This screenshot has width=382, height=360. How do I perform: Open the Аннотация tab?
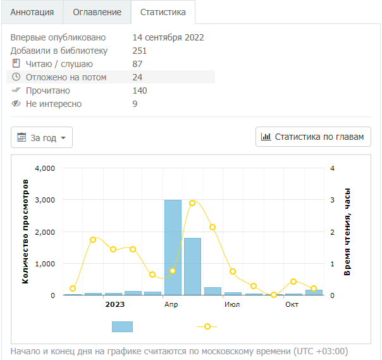click(x=32, y=12)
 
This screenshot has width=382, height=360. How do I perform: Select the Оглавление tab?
click(x=97, y=12)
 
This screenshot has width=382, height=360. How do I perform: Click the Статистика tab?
click(x=163, y=12)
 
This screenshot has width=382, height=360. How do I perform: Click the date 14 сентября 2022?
click(x=168, y=37)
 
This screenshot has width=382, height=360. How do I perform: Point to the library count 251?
click(x=140, y=51)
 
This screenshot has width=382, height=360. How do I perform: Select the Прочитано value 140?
click(x=140, y=90)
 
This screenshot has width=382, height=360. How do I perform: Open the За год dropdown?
click(x=42, y=137)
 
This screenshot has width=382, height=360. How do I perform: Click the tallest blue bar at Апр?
click(x=173, y=247)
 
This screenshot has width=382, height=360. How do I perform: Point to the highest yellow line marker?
click(x=192, y=203)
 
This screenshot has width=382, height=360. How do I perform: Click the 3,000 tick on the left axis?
click(x=44, y=200)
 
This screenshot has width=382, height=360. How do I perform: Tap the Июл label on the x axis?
click(x=231, y=304)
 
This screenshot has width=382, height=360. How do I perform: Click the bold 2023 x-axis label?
click(x=114, y=304)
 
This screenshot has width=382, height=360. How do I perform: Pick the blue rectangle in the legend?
click(x=122, y=326)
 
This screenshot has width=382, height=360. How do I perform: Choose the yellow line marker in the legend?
click(x=207, y=326)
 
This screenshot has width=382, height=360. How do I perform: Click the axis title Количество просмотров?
click(x=26, y=231)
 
